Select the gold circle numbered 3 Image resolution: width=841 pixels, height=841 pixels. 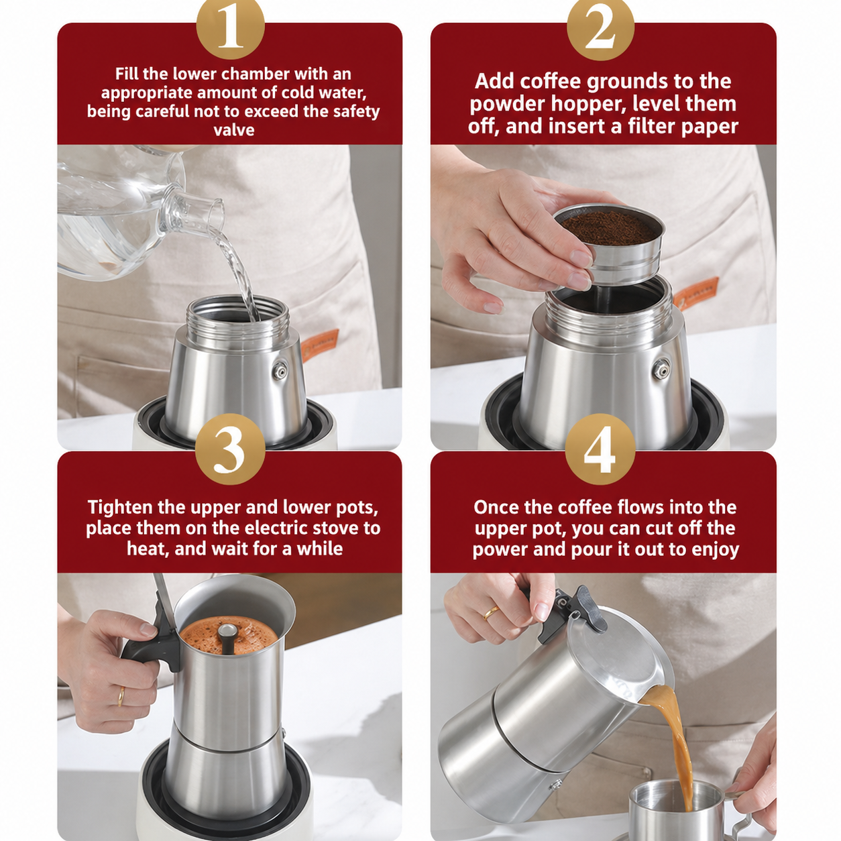click(x=230, y=449)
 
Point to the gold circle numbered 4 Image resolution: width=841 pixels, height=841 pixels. click(x=600, y=449)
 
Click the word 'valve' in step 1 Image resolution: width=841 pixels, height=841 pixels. click(x=234, y=130)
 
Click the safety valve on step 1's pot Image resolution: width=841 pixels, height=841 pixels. click(x=280, y=372)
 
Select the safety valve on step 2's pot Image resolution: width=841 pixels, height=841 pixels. click(x=662, y=369)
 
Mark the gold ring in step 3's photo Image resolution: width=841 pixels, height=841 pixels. click(x=121, y=697)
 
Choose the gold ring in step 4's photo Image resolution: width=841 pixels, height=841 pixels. click(x=491, y=613)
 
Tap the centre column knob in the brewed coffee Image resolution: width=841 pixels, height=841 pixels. click(x=227, y=631)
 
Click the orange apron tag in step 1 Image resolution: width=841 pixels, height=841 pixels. click(x=319, y=344)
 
